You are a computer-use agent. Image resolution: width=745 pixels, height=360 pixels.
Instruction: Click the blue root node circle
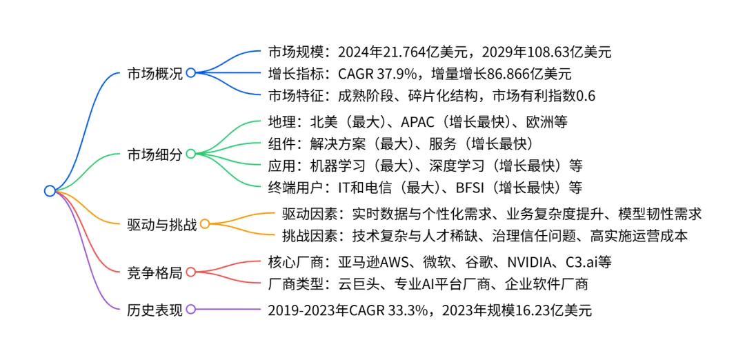50,191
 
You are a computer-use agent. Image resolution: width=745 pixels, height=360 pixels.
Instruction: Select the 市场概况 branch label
155,74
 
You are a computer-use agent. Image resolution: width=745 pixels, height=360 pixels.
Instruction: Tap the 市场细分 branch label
155,154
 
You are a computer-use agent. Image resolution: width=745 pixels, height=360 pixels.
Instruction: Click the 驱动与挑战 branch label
162,225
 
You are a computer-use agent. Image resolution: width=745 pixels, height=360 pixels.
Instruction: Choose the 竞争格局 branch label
155,272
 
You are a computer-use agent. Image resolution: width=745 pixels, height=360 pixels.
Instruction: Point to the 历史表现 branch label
155,310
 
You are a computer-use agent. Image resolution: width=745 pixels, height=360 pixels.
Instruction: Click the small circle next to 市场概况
191,73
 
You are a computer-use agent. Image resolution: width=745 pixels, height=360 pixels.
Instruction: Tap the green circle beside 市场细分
191,154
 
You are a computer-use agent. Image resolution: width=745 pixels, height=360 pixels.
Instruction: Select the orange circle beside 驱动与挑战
205,224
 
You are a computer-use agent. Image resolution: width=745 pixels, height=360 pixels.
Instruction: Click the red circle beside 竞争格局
191,272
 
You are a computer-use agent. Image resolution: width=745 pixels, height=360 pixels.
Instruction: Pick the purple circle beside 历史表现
191,309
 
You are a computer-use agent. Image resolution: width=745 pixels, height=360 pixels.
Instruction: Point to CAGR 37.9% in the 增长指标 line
380,74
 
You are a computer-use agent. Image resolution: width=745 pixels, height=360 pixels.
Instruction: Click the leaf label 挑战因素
310,236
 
